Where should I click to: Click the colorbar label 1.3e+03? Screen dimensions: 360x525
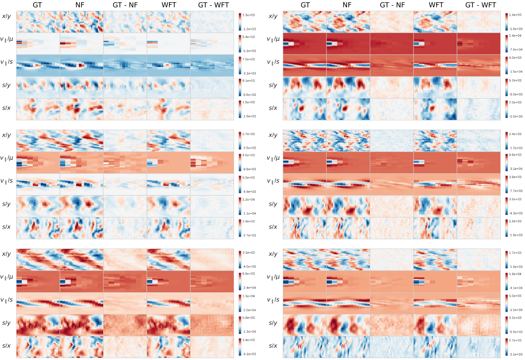click(249, 15)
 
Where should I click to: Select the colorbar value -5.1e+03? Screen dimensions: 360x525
click(249, 51)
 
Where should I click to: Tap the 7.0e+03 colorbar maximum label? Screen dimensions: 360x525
click(249, 60)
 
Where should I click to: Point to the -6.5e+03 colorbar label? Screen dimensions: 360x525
click(249, 95)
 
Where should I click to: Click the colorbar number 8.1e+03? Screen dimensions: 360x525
click(249, 81)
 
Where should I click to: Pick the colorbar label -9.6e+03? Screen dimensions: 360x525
click(249, 169)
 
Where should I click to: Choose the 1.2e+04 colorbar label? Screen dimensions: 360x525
click(249, 200)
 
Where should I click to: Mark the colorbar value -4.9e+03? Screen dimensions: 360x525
click(249, 192)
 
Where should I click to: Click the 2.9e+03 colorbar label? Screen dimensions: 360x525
click(249, 222)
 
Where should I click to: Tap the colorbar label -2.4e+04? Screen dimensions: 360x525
click(249, 288)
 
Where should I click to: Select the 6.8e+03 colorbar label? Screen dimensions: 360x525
click(249, 274)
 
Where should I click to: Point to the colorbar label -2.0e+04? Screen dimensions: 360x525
click(249, 310)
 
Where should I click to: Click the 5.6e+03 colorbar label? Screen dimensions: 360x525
click(249, 318)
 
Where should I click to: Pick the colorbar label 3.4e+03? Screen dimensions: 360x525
click(249, 340)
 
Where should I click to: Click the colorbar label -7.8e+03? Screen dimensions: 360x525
click(516, 49)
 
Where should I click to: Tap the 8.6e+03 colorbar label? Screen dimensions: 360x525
click(515, 155)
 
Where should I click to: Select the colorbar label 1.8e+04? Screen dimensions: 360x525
click(515, 274)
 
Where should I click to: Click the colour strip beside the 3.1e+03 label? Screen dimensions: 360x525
click(240, 259)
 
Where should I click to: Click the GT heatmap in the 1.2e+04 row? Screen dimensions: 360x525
click(38, 206)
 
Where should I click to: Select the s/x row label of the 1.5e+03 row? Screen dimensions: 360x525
click(6, 108)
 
